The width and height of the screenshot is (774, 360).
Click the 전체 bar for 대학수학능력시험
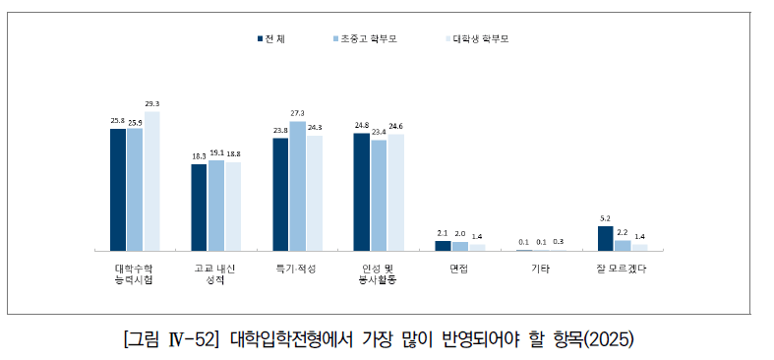[118, 190]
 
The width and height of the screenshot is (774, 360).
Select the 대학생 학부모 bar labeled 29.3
[150, 181]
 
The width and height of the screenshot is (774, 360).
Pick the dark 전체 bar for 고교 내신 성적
[199, 207]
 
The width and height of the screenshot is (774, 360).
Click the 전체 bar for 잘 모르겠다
[606, 238]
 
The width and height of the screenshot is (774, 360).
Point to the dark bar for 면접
[443, 245]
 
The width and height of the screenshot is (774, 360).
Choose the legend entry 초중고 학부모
[362, 39]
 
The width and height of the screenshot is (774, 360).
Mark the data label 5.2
[606, 218]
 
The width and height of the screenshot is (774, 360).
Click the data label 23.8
[280, 131]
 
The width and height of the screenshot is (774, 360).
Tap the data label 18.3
[199, 156]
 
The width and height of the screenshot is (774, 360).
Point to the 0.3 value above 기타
[558, 241]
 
